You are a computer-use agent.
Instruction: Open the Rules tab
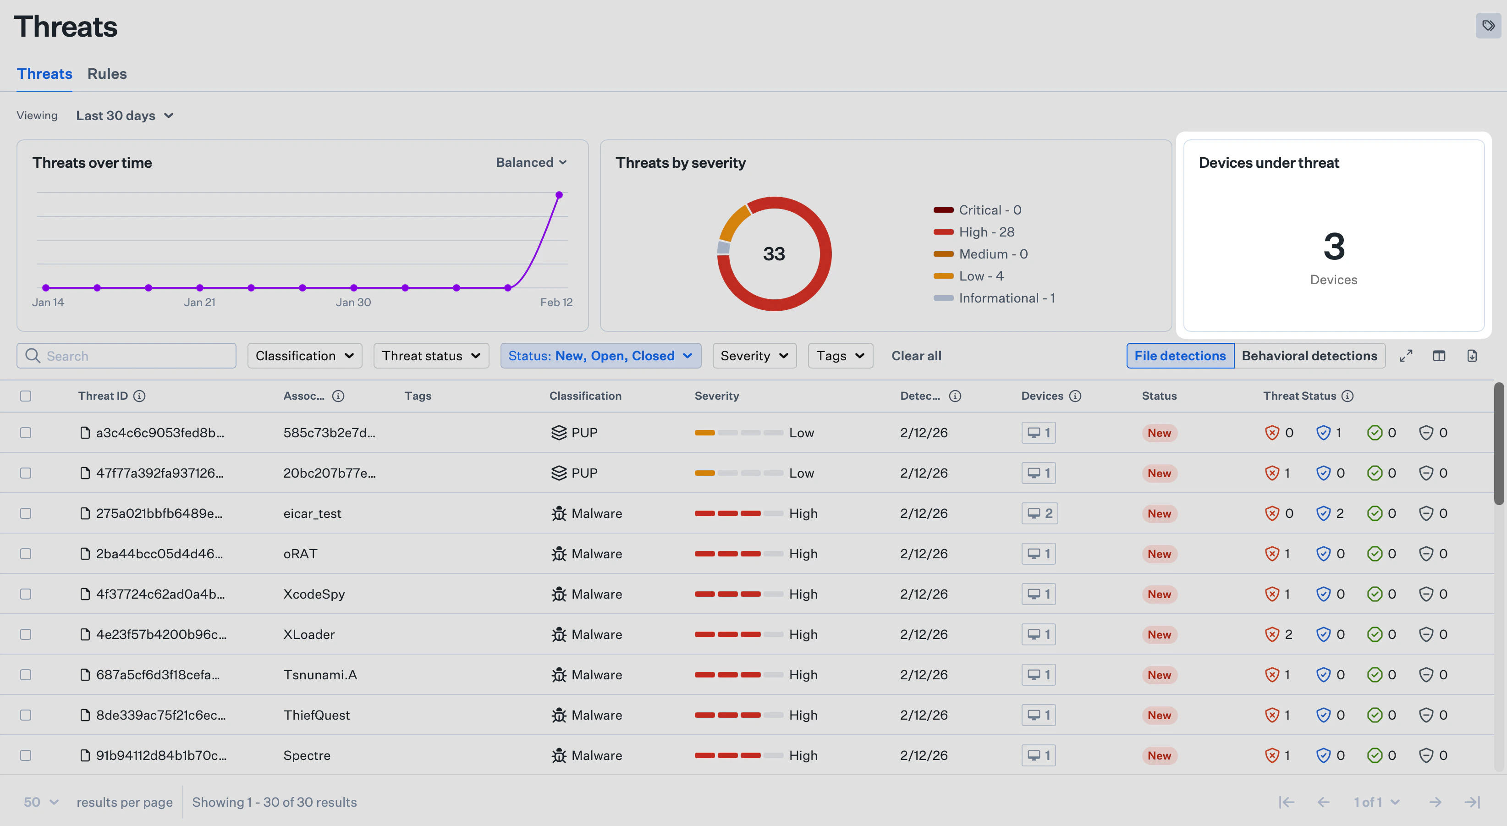(x=107, y=74)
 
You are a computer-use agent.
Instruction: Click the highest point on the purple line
(x=559, y=195)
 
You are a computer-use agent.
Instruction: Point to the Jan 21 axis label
(x=199, y=303)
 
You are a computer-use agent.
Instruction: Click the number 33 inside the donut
(x=773, y=254)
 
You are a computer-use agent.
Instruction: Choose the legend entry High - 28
(x=986, y=232)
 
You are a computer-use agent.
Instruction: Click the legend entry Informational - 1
(x=1006, y=298)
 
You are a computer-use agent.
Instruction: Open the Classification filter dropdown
(x=304, y=356)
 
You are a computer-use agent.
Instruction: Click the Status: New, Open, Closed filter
(x=600, y=356)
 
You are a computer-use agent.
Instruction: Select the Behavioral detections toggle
(x=1309, y=356)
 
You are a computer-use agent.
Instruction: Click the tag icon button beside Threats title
(x=1488, y=26)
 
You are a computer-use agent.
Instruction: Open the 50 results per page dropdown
(x=41, y=802)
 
